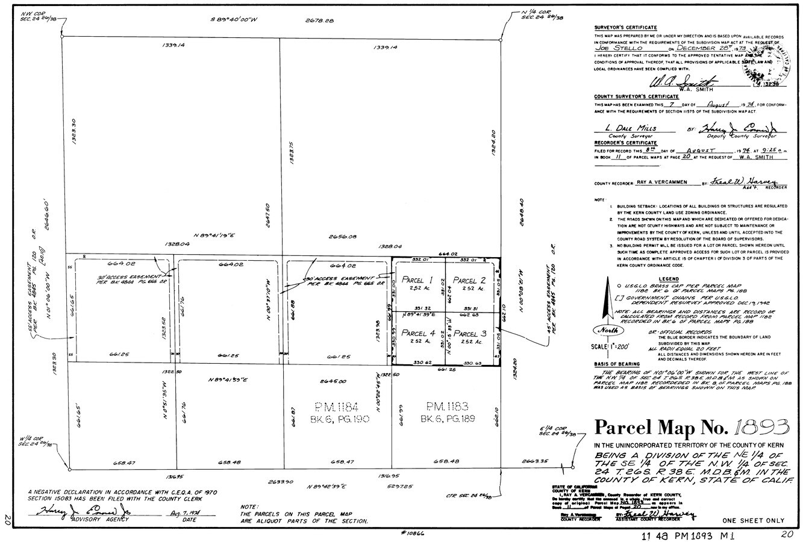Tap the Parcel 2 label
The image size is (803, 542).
tap(469, 280)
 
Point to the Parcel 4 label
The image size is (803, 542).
tap(418, 334)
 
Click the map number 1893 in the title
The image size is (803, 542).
tap(761, 428)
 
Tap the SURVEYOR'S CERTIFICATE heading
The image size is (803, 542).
tap(625, 28)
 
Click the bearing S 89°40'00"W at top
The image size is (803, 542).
tap(234, 20)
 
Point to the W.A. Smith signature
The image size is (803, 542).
tap(683, 83)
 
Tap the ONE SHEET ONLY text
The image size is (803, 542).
tap(752, 521)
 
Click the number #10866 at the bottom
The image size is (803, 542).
tap(413, 534)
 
